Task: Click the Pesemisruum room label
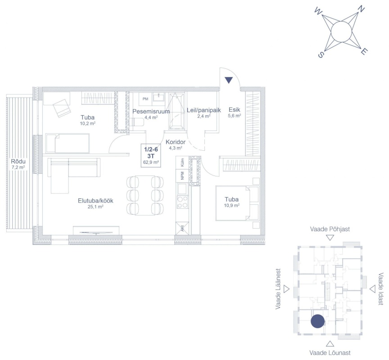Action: pyautogui.click(x=151, y=111)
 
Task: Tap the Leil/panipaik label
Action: pyautogui.click(x=204, y=110)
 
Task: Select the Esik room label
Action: pyautogui.click(x=235, y=109)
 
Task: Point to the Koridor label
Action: pyautogui.click(x=176, y=142)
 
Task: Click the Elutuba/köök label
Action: pyautogui.click(x=95, y=201)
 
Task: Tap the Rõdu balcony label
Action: pyautogui.click(x=18, y=162)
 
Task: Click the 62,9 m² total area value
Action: pyautogui.click(x=151, y=162)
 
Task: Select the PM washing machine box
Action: pyautogui.click(x=145, y=99)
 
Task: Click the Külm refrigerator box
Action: pyautogui.click(x=182, y=162)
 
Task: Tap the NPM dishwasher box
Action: pyautogui.click(x=182, y=176)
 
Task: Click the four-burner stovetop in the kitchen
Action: pyautogui.click(x=182, y=202)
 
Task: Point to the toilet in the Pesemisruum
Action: pyautogui.click(x=137, y=122)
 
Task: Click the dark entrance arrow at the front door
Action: pyautogui.click(x=229, y=80)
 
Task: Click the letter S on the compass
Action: pyautogui.click(x=321, y=55)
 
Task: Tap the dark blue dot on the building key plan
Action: pyautogui.click(x=317, y=321)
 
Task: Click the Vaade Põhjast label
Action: pyautogui.click(x=330, y=229)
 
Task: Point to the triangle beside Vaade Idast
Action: pyautogui.click(x=372, y=289)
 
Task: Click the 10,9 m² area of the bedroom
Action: pyautogui.click(x=231, y=205)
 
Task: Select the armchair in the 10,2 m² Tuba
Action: pyautogui.click(x=62, y=108)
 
